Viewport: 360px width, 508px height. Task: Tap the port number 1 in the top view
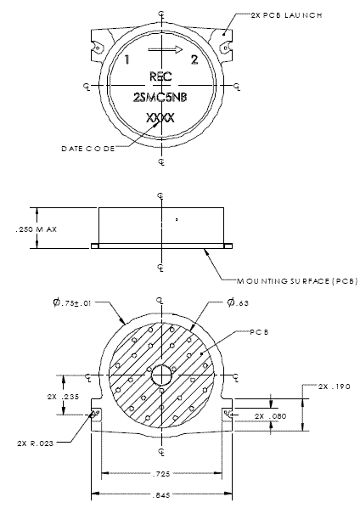point(127,60)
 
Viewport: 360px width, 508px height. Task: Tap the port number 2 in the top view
point(194,59)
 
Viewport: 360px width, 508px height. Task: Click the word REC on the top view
point(160,76)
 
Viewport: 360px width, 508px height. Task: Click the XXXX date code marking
point(160,117)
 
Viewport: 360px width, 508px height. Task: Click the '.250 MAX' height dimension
point(16,229)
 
